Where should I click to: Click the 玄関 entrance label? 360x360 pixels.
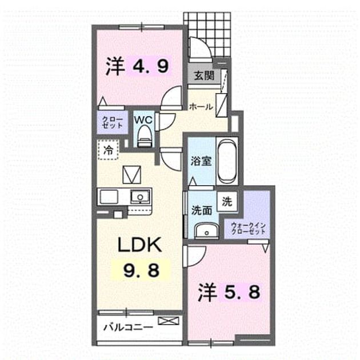tap(204, 75)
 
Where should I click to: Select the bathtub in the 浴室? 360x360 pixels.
tap(227, 161)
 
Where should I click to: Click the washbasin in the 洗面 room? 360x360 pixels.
tap(206, 231)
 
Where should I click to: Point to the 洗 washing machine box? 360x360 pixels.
tap(227, 201)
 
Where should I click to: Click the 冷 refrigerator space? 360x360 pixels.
tap(108, 150)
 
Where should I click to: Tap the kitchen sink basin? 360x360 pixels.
tap(140, 197)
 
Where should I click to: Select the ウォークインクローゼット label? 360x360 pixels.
tap(248, 228)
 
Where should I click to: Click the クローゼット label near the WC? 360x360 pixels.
tap(112, 122)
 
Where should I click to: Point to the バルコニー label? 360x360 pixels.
tap(128, 327)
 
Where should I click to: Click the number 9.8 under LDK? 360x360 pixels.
tap(141, 270)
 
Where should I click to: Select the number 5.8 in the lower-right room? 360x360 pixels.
tap(240, 291)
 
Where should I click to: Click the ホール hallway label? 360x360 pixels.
tap(201, 106)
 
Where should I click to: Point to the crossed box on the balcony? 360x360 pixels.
tap(169, 321)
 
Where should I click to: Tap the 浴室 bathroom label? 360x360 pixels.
tap(201, 161)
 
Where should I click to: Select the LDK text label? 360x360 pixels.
tap(139, 245)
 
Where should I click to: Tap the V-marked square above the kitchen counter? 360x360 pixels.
tap(131, 175)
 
